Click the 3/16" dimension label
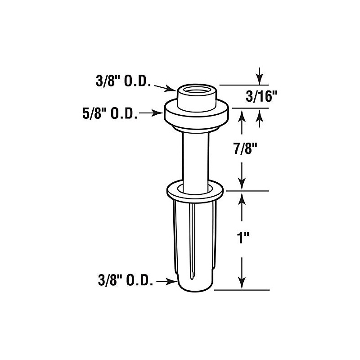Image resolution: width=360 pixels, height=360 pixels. tap(261, 96)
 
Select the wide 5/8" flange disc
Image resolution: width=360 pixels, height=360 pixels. tap(197, 115)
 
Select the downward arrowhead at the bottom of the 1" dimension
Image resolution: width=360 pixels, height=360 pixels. tap(243, 284)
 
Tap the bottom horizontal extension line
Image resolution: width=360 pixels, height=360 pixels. tap(243, 290)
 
